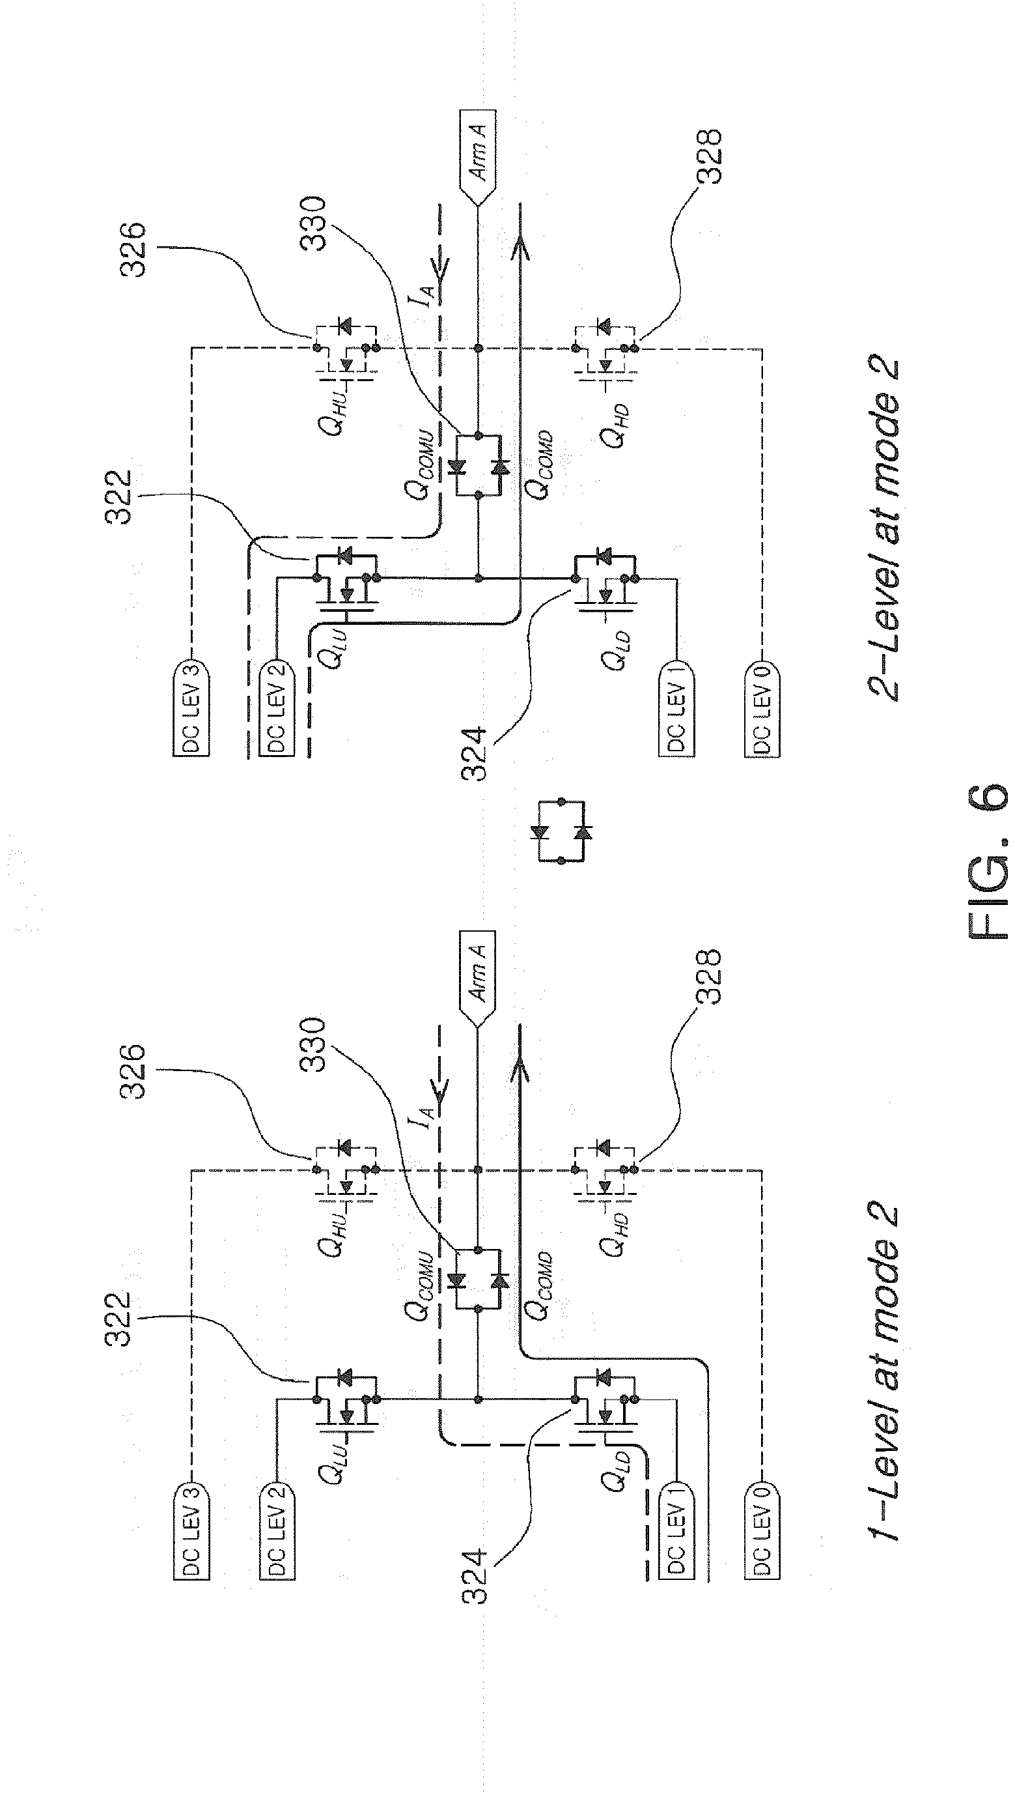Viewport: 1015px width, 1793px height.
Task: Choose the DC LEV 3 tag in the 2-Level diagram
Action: pyautogui.click(x=190, y=707)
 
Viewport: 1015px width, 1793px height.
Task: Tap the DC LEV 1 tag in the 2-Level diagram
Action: pyautogui.click(x=676, y=707)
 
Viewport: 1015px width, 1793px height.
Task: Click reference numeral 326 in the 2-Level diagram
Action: pyautogui.click(x=133, y=250)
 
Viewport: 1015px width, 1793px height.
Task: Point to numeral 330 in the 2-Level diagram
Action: pyautogui.click(x=313, y=224)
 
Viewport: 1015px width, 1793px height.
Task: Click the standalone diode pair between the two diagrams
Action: pyautogui.click(x=563, y=831)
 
